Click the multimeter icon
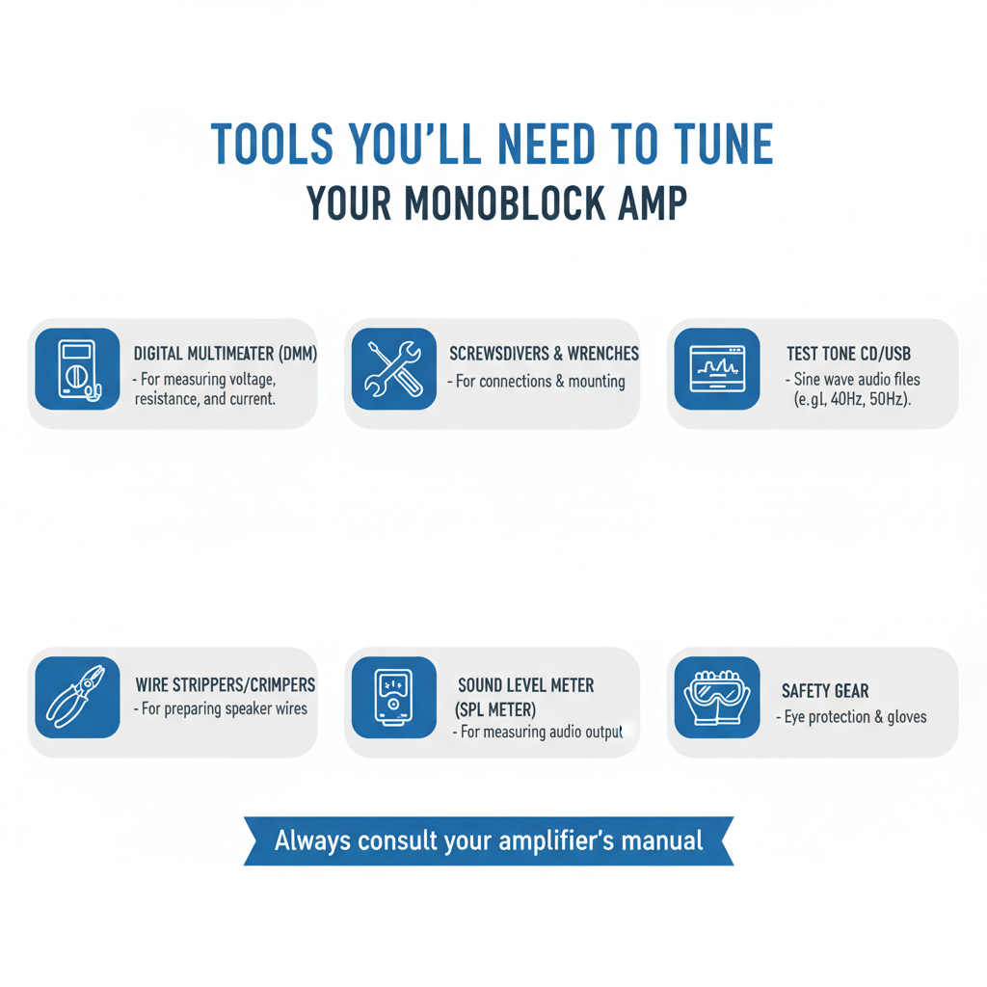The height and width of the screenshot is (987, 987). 77,369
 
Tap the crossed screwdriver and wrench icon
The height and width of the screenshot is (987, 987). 393,369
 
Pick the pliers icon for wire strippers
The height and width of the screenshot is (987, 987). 77,698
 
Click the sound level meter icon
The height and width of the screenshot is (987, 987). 393,698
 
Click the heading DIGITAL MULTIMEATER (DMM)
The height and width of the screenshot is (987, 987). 226,355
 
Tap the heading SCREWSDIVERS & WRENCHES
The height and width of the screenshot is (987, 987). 544,354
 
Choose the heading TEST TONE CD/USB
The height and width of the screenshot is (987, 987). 848,355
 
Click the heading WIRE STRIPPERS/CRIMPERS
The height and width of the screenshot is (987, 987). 226,684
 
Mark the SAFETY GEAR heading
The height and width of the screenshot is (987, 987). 825,691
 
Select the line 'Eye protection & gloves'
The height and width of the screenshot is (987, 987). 852,716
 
